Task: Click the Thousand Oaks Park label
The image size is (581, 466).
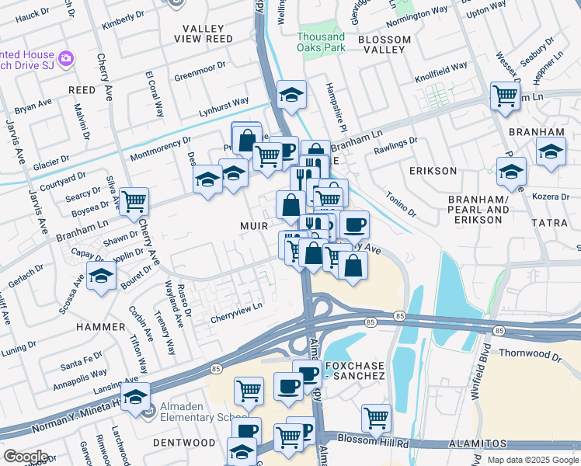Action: (320, 42)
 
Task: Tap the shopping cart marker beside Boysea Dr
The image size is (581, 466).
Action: (134, 202)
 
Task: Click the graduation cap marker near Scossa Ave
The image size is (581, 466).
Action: (101, 276)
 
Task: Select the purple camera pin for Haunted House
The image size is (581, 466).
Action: (66, 58)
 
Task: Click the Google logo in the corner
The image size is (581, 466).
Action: (25, 457)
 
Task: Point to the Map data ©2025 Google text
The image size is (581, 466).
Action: (532, 460)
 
